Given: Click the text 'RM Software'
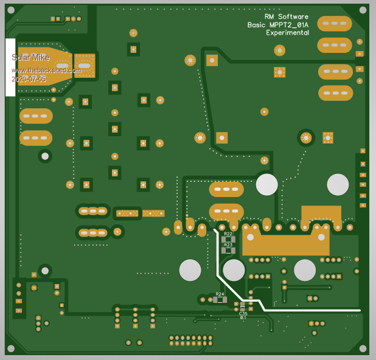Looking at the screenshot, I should point(286,16).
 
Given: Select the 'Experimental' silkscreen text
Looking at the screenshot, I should point(287,33).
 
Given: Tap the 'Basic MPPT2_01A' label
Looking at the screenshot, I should point(277,25).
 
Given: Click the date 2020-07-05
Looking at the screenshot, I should point(28,79).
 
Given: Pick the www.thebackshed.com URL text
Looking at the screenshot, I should point(46,70).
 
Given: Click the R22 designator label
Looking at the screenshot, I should point(228,234).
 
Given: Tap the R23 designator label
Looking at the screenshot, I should point(228,244).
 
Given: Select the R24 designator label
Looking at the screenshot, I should point(220,294).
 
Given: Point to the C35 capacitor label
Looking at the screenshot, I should point(243,313).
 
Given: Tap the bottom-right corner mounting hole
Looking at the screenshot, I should point(363,348).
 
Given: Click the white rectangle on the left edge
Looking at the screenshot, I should point(10,67).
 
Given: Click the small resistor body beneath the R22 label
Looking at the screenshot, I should point(228,239).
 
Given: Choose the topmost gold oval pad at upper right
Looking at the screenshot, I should point(334,24).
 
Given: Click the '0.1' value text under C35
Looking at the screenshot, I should point(243,317).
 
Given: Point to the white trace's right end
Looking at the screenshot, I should point(359,310).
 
